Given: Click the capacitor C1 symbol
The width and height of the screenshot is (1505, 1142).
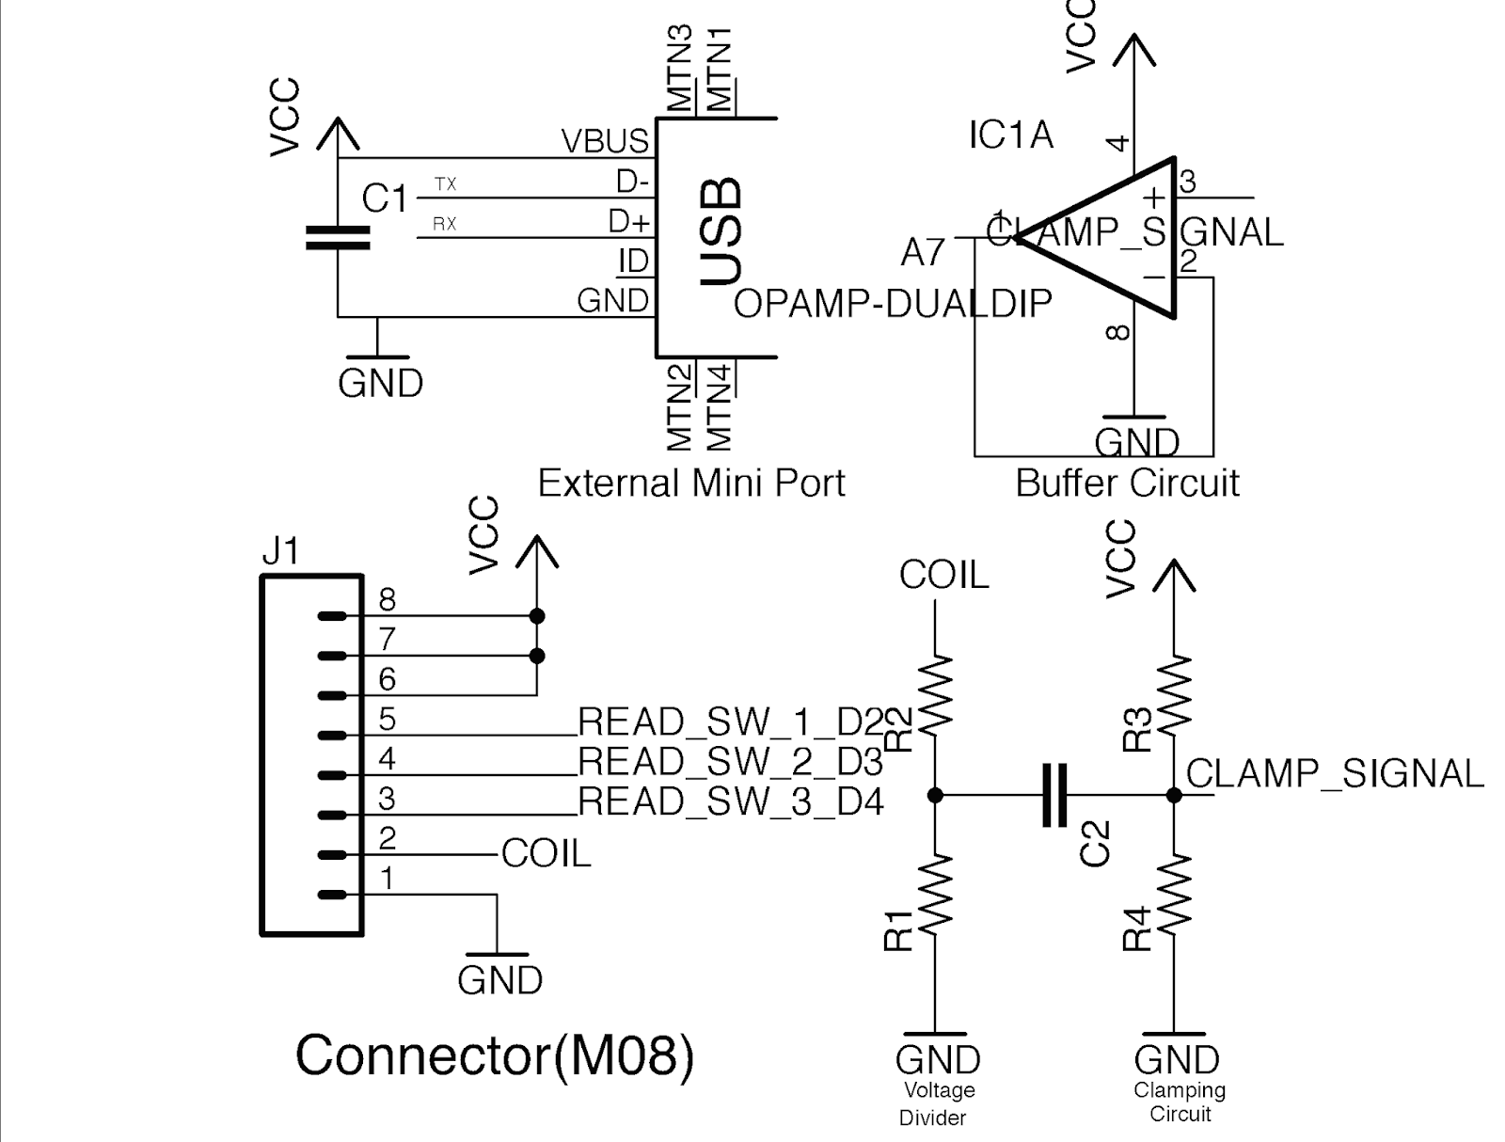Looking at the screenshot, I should point(337,237).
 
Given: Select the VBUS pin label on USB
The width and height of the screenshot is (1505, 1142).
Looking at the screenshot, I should point(605,141).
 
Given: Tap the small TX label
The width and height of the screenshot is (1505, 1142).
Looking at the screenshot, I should point(445,184).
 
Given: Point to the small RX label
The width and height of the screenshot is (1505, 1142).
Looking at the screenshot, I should point(444,224).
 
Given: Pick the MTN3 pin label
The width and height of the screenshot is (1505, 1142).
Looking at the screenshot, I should point(678,69).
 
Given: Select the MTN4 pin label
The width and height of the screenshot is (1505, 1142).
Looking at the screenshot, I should point(718,407).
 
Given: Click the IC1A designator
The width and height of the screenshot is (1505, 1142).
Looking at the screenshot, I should point(1010,135).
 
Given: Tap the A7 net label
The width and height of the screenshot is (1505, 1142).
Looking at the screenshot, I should point(922,252).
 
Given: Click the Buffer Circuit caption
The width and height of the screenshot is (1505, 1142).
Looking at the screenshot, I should point(1126,483).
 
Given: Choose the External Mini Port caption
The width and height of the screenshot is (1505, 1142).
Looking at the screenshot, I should point(690,483).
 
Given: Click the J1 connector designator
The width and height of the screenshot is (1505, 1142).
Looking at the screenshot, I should point(280,550).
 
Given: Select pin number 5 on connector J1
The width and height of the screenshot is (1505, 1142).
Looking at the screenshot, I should point(387,720).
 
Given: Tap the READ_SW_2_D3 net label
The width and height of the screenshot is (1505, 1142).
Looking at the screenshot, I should point(730,760).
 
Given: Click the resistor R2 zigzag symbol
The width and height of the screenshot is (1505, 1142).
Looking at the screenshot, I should point(935,695).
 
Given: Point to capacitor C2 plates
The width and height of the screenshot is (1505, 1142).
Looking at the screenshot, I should point(1054,796).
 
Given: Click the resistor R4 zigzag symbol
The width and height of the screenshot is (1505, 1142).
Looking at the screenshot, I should point(1174,896).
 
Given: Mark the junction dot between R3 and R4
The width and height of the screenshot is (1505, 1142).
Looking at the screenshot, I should point(1174,796).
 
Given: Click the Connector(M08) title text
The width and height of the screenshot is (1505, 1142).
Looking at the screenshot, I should point(495,1055).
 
